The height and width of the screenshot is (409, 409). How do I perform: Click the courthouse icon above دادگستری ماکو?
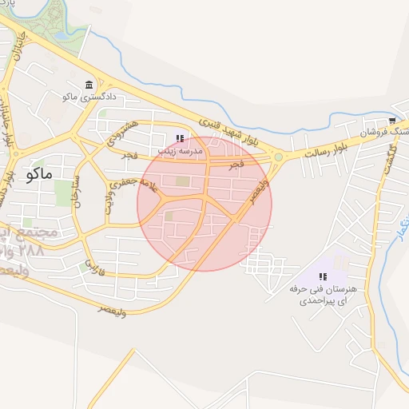pyautogui.click(x=88, y=85)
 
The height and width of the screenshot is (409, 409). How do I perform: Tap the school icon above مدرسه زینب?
pyautogui.click(x=179, y=137)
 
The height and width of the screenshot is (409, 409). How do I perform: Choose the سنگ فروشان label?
pyautogui.click(x=383, y=132)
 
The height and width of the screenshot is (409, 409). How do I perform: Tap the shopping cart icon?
pyautogui.click(x=392, y=121)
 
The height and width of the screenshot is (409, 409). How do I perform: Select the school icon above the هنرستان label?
pyautogui.click(x=323, y=276)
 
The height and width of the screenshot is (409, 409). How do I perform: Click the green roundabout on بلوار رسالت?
pyautogui.click(x=278, y=157)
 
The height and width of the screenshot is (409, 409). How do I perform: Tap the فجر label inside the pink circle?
pyautogui.click(x=235, y=164)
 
